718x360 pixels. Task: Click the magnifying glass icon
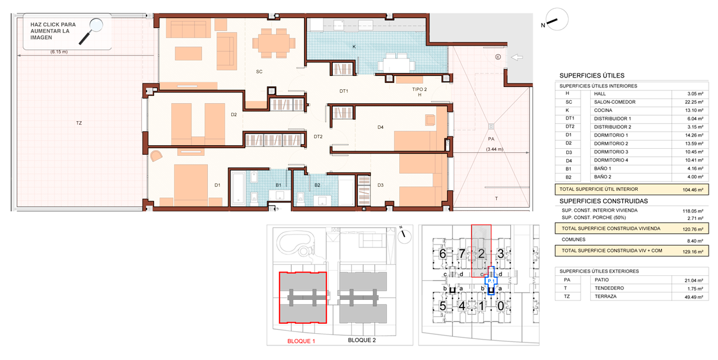[x=91, y=31]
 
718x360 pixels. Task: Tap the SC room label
[x=259, y=72]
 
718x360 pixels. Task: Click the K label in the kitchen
[x=354, y=47]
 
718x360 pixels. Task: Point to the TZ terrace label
[x=79, y=123]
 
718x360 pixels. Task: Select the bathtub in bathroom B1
[x=238, y=188]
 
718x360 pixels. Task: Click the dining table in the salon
[x=274, y=43]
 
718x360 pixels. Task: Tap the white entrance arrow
[x=517, y=57]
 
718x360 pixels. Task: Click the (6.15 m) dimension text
[x=59, y=52]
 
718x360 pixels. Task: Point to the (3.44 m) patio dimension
[x=494, y=149]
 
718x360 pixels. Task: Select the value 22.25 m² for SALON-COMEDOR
[x=694, y=102]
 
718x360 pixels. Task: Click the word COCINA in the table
[x=603, y=110]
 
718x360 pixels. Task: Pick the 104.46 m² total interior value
[x=693, y=190]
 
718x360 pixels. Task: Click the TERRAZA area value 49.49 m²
[x=694, y=297]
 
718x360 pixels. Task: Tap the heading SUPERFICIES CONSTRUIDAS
[x=604, y=201]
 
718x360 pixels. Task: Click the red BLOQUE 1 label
[x=301, y=341]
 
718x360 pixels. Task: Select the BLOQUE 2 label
[x=361, y=340]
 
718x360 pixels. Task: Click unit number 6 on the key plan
[x=442, y=254]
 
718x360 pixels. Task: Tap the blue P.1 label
[x=491, y=281]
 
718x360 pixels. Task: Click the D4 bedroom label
[x=380, y=127]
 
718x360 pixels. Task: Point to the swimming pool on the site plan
[x=295, y=243]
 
